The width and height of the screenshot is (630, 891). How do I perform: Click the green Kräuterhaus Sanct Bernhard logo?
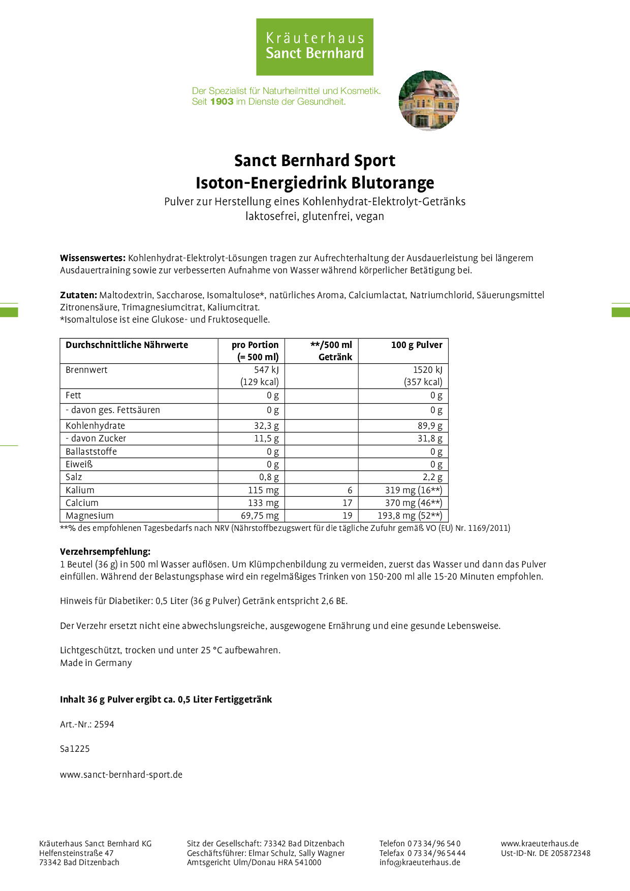pyautogui.click(x=314, y=47)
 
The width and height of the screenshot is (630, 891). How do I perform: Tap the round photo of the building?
pyautogui.click(x=429, y=101)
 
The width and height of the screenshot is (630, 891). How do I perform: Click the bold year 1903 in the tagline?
pyautogui.click(x=222, y=102)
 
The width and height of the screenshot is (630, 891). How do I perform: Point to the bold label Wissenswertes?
pyautogui.click(x=92, y=258)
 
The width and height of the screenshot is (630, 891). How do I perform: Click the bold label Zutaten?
pyautogui.click(x=78, y=295)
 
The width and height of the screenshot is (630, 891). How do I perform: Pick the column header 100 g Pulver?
pyautogui.click(x=416, y=345)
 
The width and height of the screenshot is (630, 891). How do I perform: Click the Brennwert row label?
pyautogui.click(x=86, y=370)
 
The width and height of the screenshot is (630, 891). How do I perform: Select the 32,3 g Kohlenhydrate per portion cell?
pyautogui.click(x=266, y=426)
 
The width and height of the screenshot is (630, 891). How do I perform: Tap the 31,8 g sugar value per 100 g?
pyautogui.click(x=430, y=438)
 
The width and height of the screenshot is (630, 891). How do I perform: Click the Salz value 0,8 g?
pyautogui.click(x=269, y=477)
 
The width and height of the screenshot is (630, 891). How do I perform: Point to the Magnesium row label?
pyautogui.click(x=89, y=516)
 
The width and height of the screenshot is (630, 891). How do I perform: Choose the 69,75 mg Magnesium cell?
pyautogui.click(x=260, y=516)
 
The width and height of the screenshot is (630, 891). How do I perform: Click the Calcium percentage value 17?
pyautogui.click(x=347, y=503)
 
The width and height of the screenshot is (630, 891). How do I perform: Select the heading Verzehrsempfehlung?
pyautogui.click(x=105, y=552)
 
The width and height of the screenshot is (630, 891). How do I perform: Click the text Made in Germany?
pyautogui.click(x=96, y=663)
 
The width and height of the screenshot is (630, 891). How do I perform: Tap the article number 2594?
pyautogui.click(x=104, y=724)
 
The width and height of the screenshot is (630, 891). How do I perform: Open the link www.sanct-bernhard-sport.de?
pyautogui.click(x=121, y=775)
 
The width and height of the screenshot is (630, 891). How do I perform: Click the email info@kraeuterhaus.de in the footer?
pyautogui.click(x=420, y=862)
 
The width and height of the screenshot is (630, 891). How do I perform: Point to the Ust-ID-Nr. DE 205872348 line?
pyautogui.click(x=546, y=853)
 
